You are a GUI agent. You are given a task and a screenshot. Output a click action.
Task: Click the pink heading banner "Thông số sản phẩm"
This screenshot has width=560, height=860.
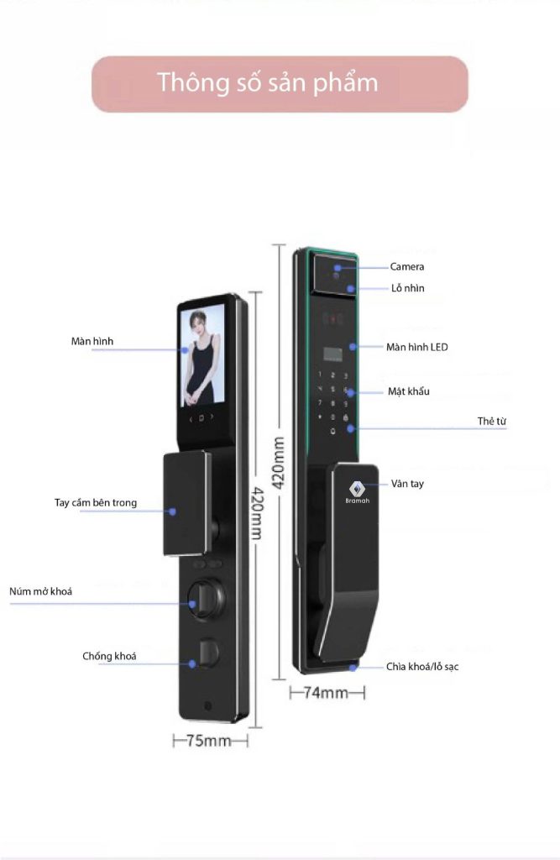point(280,84)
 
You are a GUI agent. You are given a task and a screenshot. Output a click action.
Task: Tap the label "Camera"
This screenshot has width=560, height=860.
point(406,266)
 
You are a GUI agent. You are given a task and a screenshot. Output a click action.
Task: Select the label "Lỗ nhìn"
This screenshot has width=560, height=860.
point(407,288)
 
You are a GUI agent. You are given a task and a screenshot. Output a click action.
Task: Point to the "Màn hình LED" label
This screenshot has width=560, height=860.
point(416,347)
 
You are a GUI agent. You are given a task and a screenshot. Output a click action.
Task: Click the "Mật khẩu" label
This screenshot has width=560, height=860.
point(409,391)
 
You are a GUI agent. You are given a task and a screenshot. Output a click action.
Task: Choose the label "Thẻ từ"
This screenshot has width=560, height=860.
point(491,421)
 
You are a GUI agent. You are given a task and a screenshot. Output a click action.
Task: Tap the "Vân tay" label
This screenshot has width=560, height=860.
point(407,483)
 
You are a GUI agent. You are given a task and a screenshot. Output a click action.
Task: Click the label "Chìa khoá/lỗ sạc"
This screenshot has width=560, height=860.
point(421,666)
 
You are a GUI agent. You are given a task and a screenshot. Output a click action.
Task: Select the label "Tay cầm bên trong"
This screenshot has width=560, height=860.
point(96,502)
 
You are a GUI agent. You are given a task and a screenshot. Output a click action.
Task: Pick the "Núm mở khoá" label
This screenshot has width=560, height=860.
point(40,591)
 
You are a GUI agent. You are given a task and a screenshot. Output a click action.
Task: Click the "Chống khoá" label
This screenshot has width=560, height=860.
point(109,656)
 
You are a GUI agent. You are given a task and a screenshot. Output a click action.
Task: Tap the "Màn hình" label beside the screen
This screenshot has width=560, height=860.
point(92,341)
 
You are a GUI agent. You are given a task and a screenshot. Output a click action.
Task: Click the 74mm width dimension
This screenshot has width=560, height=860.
point(327,693)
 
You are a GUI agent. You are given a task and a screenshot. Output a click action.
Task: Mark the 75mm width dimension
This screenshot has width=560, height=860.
point(210,741)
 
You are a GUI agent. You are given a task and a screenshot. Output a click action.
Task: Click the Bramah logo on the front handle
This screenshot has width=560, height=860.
point(357,492)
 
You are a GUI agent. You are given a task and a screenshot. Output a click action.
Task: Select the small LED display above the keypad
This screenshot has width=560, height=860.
point(333,354)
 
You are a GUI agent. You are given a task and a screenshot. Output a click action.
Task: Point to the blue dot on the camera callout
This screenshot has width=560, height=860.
point(338,268)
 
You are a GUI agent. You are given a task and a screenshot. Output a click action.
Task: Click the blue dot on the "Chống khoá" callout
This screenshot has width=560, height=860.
point(192,663)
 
